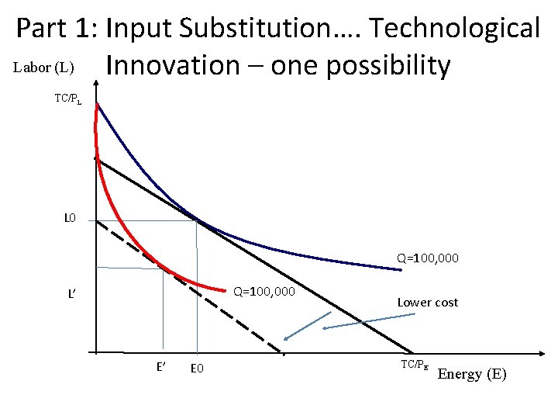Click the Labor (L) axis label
43,68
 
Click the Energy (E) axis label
472,374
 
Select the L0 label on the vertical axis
70,219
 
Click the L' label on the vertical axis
71,294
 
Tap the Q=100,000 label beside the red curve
264,292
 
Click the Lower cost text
427,303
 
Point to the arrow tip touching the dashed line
285,340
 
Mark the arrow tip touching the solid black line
324,329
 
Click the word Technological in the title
454,28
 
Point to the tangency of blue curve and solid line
197,221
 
